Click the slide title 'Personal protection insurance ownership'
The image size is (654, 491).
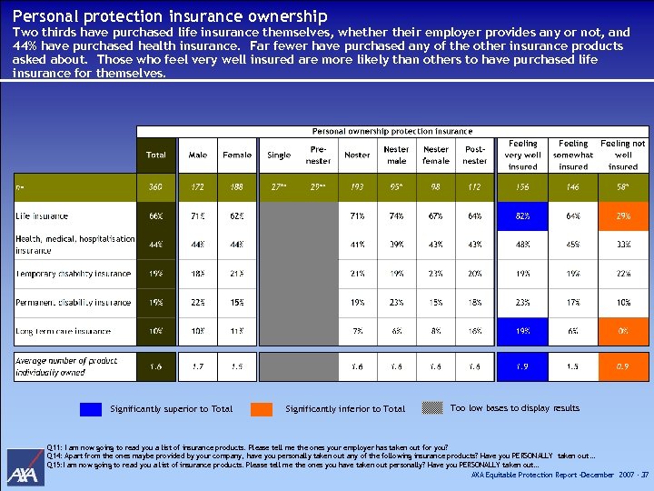170,16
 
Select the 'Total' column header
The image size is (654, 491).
156,155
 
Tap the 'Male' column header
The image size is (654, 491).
197,155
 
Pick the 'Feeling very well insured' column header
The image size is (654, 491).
522,155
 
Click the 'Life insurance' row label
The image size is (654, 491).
42,216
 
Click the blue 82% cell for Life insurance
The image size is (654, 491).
522,216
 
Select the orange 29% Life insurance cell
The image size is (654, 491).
623,216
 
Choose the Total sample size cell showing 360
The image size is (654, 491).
156,186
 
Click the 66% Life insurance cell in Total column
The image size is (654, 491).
156,216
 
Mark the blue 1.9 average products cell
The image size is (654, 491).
522,366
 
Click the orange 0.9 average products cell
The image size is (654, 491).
623,366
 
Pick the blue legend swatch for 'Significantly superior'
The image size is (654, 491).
91,409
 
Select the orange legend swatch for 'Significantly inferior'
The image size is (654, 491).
263,409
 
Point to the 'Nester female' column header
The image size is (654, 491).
436,155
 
